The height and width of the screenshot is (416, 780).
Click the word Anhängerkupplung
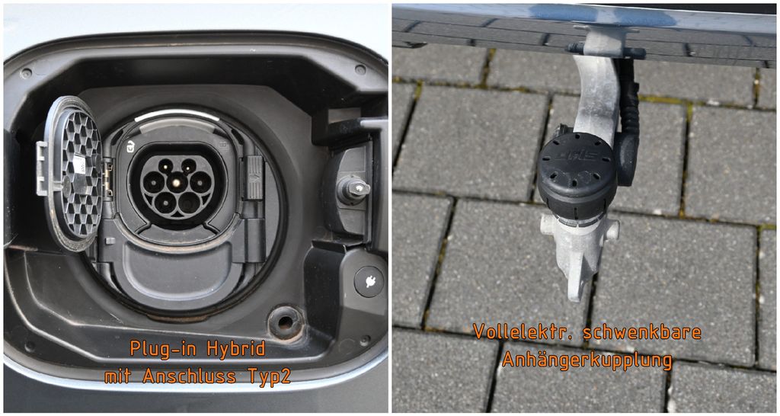click(587, 360)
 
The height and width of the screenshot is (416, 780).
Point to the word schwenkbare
click(641, 332)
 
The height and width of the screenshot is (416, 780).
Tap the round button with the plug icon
click(369, 282)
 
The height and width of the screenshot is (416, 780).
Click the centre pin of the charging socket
click(177, 182)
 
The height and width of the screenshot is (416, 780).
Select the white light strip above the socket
click(176, 114)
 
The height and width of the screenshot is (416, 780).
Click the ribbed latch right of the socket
click(254, 178)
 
